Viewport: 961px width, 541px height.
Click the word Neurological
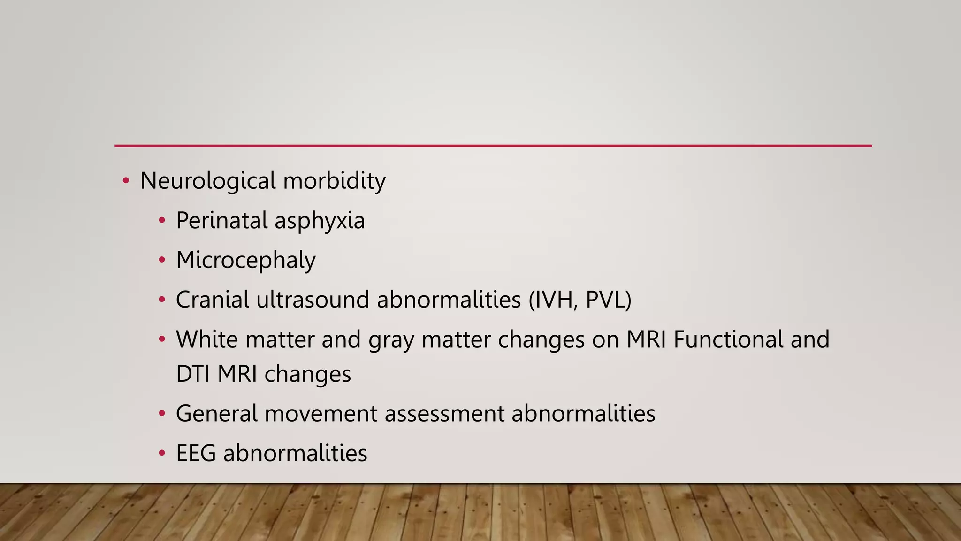tap(208, 181)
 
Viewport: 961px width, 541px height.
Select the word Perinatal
tap(221, 221)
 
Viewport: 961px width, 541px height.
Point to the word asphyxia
tap(320, 221)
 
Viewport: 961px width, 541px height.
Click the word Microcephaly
tap(246, 261)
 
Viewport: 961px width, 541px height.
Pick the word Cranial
tap(212, 300)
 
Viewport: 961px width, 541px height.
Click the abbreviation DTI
tap(193, 374)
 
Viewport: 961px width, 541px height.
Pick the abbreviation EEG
tap(196, 453)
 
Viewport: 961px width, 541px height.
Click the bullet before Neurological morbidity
tap(125, 181)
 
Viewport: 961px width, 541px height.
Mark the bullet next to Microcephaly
tap(162, 260)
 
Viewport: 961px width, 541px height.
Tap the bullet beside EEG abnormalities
tap(162, 453)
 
